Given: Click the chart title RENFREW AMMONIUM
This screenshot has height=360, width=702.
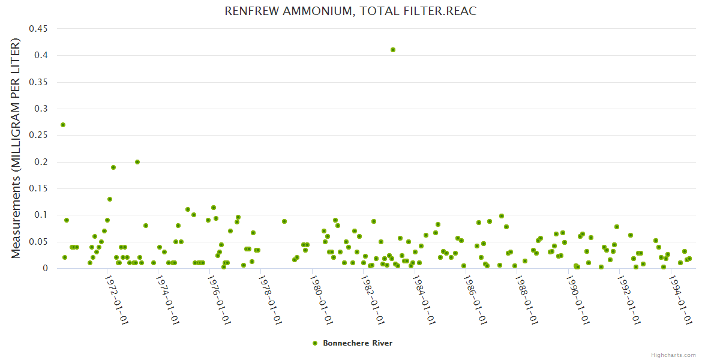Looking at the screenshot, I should tap(350, 11).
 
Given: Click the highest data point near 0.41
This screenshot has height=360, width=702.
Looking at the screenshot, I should tap(393, 50).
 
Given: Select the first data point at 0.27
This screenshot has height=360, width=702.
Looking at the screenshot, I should tap(63, 125).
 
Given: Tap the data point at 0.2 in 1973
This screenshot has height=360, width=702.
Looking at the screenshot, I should tap(137, 162).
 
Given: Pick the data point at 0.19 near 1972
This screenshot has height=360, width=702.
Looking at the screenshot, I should tap(113, 167).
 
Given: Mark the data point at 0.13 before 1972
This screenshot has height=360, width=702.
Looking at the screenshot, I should tap(110, 199).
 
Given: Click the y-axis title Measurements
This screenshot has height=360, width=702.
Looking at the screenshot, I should tap(16, 148).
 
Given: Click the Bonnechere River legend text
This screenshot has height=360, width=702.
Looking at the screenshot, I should tap(358, 343).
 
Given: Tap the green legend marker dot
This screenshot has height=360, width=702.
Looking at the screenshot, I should tap(314, 343).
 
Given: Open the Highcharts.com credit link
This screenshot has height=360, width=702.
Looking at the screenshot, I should tap(673, 355).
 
